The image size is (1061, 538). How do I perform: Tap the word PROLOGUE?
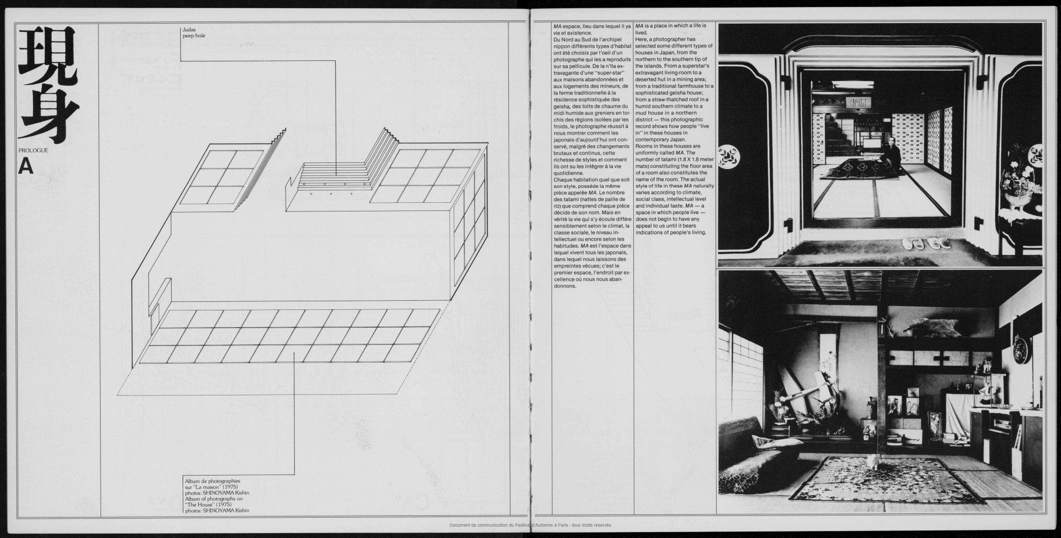click(33, 150)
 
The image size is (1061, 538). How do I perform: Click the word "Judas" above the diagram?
click(189, 30)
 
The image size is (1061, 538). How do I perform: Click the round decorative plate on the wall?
click(1021, 347)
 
